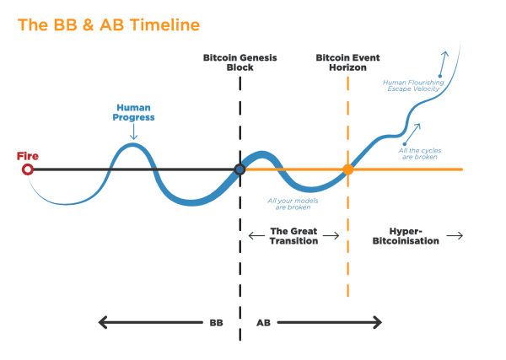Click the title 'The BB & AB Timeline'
(109, 24)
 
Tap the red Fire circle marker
(28, 169)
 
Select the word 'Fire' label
(28, 156)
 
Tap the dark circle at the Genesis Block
(240, 169)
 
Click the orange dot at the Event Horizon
(348, 169)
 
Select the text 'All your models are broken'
(289, 203)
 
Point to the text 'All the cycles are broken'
(419, 153)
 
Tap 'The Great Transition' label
(293, 235)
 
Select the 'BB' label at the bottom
(218, 321)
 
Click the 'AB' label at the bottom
(263, 321)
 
